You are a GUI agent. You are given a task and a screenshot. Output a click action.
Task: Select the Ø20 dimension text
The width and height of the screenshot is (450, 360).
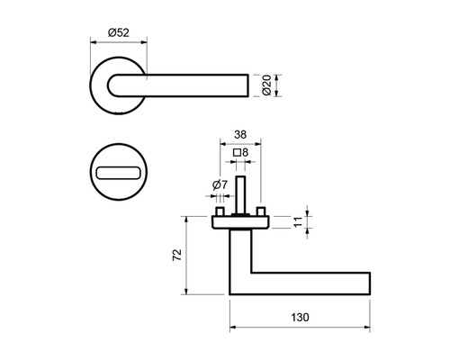pos(265,85)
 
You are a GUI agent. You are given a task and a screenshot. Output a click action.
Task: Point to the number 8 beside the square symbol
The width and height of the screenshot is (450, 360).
pos(246,152)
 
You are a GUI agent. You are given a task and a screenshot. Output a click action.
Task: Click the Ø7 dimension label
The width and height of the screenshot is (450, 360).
pos(219,184)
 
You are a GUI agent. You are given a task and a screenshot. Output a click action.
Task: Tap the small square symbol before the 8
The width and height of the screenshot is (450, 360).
pos(236,152)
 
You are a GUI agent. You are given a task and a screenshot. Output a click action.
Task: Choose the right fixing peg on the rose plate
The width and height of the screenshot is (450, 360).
pos(260,212)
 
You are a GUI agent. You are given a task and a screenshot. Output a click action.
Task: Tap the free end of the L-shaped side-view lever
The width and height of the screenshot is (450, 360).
pos(366,283)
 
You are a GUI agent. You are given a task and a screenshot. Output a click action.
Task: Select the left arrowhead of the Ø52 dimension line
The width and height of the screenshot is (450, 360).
pos(94,42)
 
